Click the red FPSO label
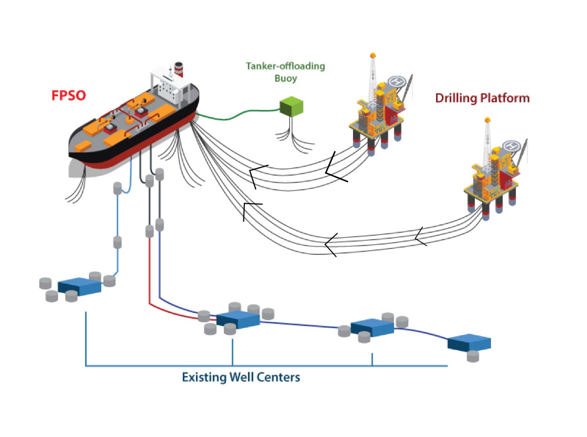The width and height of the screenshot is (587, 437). (69, 95)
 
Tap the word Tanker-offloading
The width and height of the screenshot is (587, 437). (285, 66)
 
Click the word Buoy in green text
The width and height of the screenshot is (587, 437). (285, 78)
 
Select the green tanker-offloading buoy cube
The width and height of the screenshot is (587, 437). (291, 106)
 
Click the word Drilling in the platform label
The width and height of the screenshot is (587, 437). (456, 98)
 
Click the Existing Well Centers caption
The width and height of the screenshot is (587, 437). (241, 377)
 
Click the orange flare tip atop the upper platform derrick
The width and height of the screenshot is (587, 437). (373, 55)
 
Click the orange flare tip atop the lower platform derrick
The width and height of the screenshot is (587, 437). (487, 120)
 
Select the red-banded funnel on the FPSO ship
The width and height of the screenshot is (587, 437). (179, 69)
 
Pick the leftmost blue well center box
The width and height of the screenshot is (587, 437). (79, 286)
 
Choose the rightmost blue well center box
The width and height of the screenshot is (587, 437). (469, 342)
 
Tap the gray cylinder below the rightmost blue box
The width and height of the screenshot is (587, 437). (473, 356)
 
